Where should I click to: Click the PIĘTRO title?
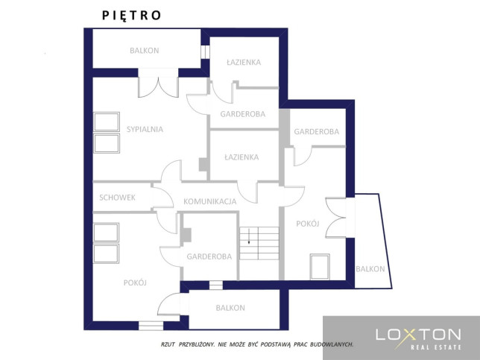(x=131, y=16)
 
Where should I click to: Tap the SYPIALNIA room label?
(x=145, y=129)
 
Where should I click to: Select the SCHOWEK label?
(x=117, y=198)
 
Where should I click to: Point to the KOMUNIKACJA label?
(x=209, y=201)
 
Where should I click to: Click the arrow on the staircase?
(x=249, y=236)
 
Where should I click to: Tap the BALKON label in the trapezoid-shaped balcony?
(x=370, y=269)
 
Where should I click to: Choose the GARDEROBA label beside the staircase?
(x=209, y=256)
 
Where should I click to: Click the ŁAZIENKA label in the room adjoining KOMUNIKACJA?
(x=241, y=157)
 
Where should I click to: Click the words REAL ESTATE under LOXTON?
(x=435, y=347)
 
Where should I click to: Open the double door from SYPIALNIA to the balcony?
(x=158, y=87)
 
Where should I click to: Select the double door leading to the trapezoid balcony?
(x=335, y=218)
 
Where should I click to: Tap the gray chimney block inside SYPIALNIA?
(x=203, y=165)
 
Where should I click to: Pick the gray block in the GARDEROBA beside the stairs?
(x=186, y=235)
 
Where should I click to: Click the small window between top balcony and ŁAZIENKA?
(x=205, y=52)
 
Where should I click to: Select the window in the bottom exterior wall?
(x=151, y=326)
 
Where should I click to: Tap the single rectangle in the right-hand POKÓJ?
(x=320, y=267)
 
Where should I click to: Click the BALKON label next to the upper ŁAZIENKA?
(x=145, y=51)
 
